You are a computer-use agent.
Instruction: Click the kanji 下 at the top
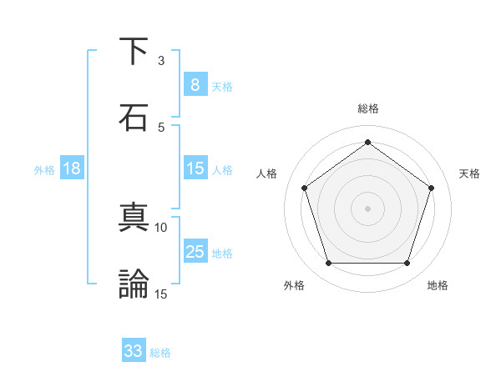pos(134,52)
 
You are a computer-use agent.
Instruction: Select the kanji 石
pos(134,118)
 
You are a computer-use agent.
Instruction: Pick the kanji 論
pos(134,284)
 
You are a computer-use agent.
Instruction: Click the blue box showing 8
pos(195,84)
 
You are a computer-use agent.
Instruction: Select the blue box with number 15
pos(195,168)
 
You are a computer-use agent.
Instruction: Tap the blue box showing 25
pos(195,252)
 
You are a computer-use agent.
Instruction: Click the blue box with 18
pos(72,168)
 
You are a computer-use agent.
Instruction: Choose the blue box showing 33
pos(134,351)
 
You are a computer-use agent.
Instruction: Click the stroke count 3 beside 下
pos(161,60)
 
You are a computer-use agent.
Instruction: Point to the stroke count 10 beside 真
pos(161,227)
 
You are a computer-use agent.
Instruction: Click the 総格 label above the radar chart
pos(368,108)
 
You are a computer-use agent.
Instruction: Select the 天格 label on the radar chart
pos(470,173)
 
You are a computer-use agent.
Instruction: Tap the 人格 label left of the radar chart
pos(267,173)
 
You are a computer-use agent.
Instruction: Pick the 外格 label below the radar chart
pos(294,285)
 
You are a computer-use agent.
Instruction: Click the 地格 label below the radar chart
pos(438,285)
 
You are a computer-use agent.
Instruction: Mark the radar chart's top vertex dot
pos(368,143)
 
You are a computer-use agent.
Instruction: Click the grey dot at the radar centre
pos(368,208)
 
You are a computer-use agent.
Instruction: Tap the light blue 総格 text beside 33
pos(160,353)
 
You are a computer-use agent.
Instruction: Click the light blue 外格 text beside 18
pos(44,170)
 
